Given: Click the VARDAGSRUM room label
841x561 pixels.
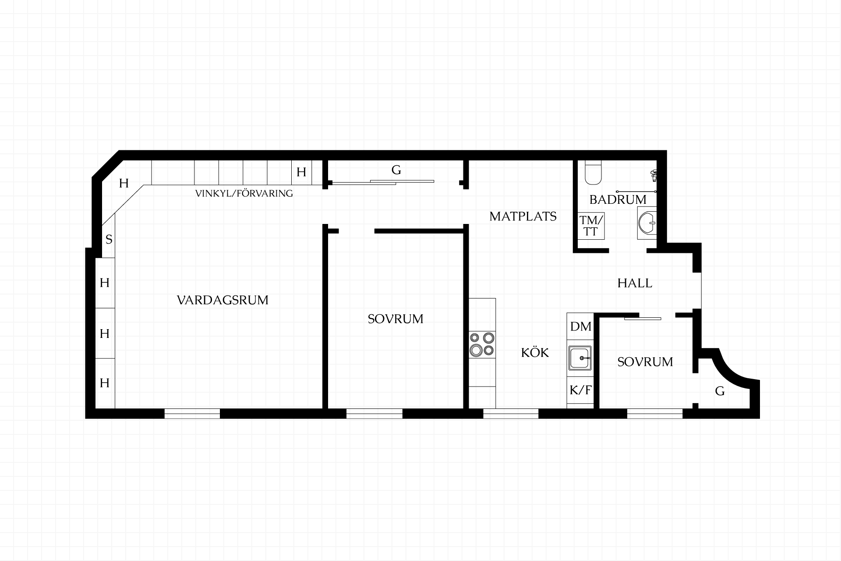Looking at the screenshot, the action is coord(223,300).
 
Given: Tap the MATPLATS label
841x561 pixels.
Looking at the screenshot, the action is coord(523,216).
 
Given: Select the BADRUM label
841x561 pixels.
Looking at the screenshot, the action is coord(618,199).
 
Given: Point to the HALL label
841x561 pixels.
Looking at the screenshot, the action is coord(635,283).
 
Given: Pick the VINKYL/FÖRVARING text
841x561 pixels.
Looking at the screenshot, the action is coord(244,193).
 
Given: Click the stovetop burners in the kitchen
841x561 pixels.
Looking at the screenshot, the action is coord(482,344).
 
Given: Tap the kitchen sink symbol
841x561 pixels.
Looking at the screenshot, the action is coord(580,358).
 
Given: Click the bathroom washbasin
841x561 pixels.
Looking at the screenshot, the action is coord(647,223).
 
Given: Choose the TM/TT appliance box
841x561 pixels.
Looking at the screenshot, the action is coord(591,226).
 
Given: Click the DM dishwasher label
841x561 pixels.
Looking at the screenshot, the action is coord(581,327).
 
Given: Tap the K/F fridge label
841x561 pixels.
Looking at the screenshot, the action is coord(580,390).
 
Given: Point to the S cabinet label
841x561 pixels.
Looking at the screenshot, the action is coord(109,239).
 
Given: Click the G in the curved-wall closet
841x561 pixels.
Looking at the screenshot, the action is coord(720,391).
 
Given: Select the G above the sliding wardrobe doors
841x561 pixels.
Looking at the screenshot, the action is coord(396,170).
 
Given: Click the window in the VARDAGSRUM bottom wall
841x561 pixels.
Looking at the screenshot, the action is coord(192,413).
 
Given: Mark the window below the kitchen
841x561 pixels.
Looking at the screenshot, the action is coord(511,413).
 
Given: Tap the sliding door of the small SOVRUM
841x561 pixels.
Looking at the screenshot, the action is coord(643,318).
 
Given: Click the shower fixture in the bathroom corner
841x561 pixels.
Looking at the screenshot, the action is coord(654,175).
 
